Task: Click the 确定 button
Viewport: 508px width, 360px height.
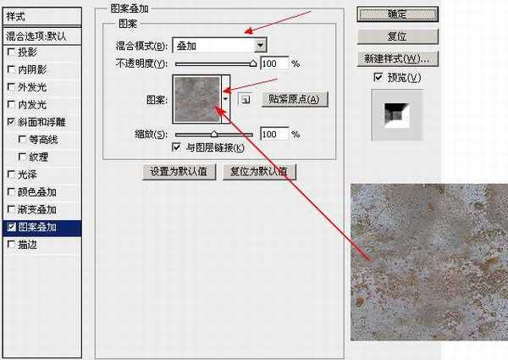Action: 395,14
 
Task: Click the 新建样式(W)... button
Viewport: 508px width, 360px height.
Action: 395,59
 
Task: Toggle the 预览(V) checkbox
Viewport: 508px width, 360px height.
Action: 378,78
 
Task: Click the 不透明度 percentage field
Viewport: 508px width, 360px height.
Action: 273,64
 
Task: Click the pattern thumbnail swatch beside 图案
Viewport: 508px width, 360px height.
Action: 196,97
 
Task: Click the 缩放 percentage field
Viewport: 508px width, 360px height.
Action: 273,134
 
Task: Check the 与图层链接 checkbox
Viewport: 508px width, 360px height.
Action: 176,147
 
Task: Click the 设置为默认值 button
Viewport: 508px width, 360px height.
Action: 180,170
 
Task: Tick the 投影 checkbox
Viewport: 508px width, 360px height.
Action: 10,51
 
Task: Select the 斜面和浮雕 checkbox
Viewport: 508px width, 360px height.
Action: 10,122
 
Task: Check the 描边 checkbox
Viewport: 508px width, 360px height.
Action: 10,245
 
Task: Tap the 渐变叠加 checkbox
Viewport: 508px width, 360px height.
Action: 10,209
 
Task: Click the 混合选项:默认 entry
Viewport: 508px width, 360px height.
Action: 41,36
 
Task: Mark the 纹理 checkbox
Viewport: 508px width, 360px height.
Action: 22,157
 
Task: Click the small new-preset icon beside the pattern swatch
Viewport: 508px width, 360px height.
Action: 244,99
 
